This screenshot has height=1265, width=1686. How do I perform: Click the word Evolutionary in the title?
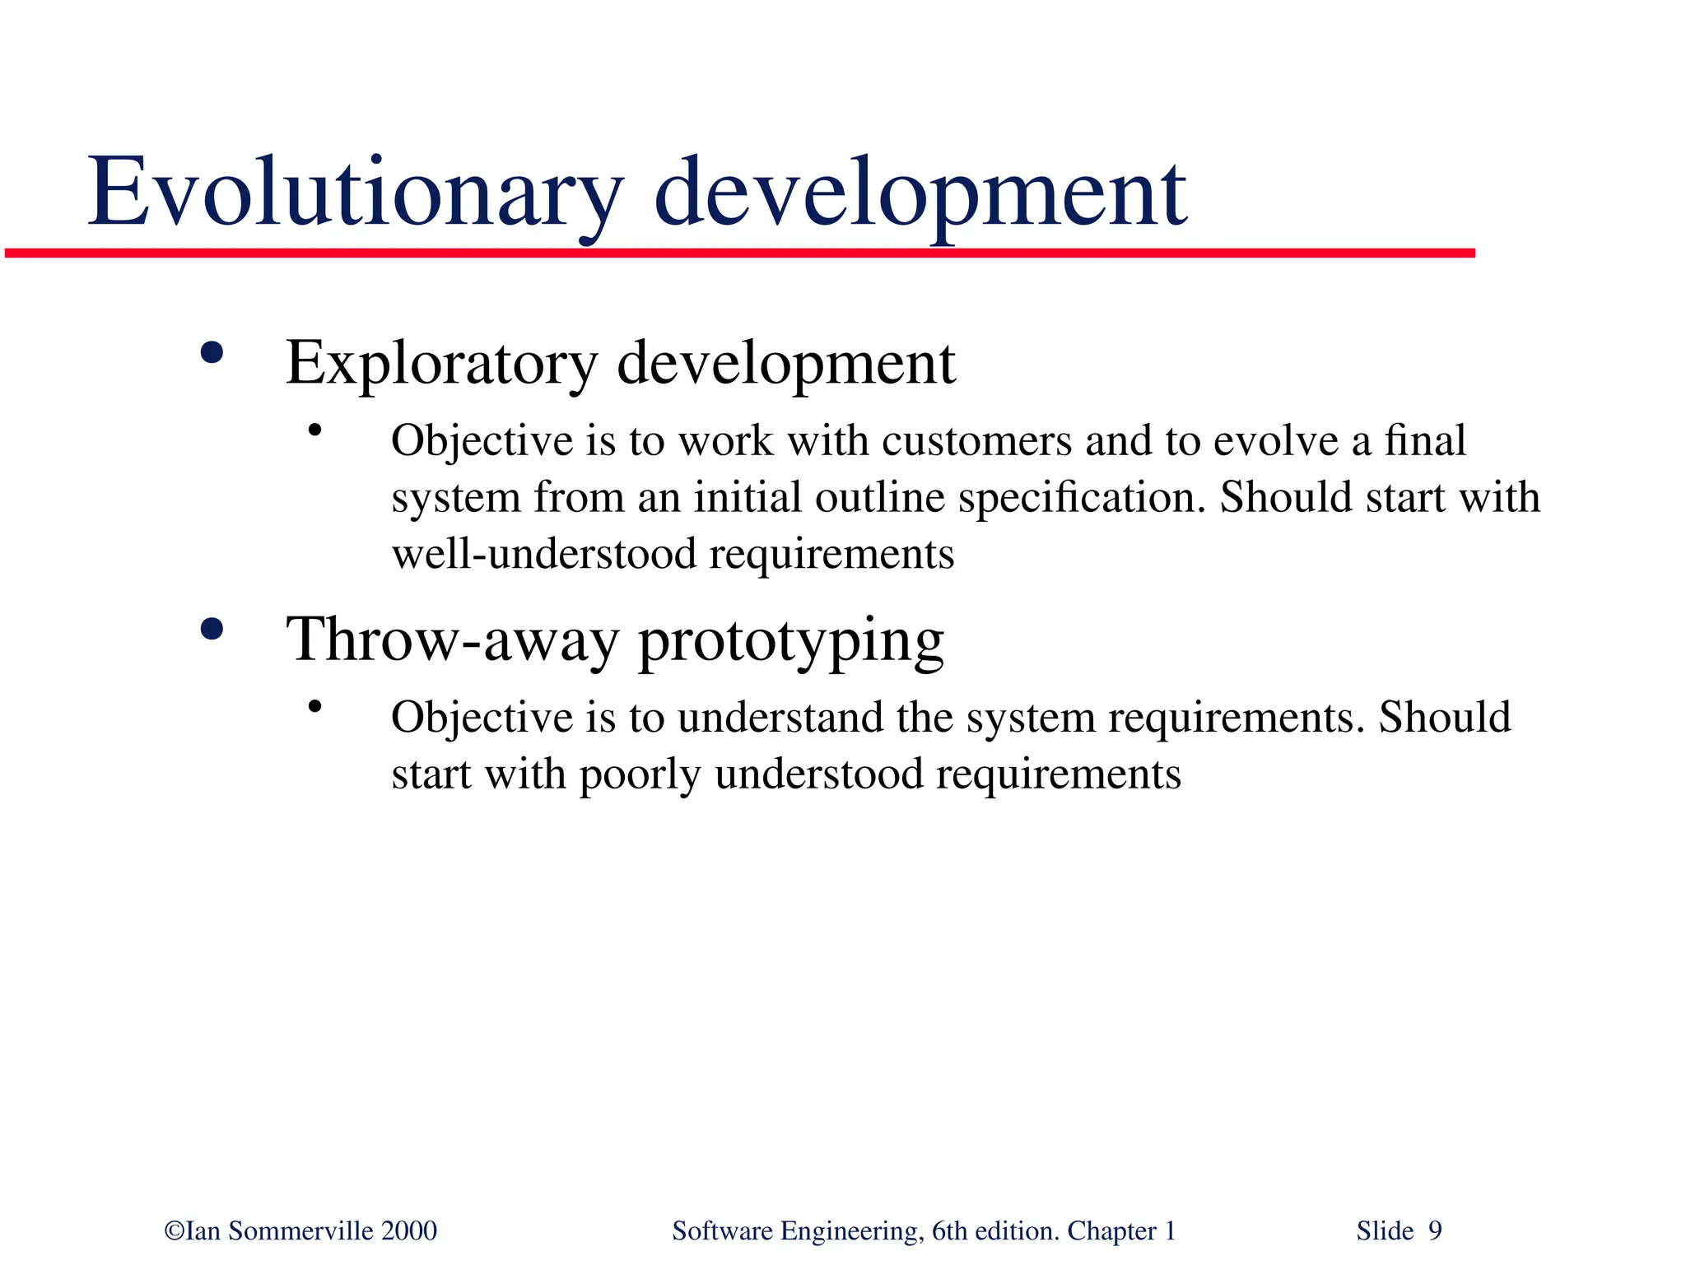pyautogui.click(x=354, y=193)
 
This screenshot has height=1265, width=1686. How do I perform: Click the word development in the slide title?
pyautogui.click(x=920, y=193)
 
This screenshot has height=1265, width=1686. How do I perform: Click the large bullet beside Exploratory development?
pyautogui.click(x=212, y=354)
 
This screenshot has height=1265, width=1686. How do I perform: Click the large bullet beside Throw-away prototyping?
pyautogui.click(x=212, y=630)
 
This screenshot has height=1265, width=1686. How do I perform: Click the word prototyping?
pyautogui.click(x=791, y=642)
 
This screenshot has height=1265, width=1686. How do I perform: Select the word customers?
pyautogui.click(x=976, y=441)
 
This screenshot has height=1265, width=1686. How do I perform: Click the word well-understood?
pyautogui.click(x=543, y=554)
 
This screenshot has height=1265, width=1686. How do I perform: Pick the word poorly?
pyautogui.click(x=639, y=775)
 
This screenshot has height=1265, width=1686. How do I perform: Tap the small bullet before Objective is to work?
pyautogui.click(x=314, y=430)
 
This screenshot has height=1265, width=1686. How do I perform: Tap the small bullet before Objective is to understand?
pyautogui.click(x=314, y=706)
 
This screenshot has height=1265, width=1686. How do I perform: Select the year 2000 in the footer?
pyautogui.click(x=409, y=1231)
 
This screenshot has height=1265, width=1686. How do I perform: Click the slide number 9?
pyautogui.click(x=1435, y=1231)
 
